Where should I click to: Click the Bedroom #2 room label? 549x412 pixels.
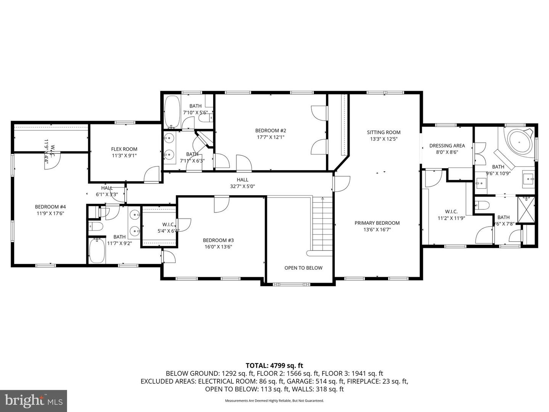coord(270,130)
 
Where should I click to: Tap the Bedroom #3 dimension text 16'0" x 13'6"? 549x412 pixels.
coord(218,247)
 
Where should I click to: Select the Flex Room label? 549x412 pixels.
coord(124,149)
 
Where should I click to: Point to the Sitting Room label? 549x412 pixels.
coord(384,132)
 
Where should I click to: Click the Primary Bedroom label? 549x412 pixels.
coord(377,223)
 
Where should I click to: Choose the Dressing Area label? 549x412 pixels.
coord(447,145)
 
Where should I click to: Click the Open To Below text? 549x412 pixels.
coord(303,268)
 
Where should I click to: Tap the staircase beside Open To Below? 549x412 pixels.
coord(323,225)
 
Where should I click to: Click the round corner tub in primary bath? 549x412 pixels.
coord(518,142)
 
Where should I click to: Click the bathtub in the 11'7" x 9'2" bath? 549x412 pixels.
coord(97,251)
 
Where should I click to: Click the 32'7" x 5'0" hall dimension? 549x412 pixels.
coord(242,187)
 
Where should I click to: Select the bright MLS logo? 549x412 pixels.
coord(34,401)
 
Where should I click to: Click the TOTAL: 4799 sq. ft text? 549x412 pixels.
coord(274,366)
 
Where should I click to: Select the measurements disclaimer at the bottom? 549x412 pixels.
coord(274,401)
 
